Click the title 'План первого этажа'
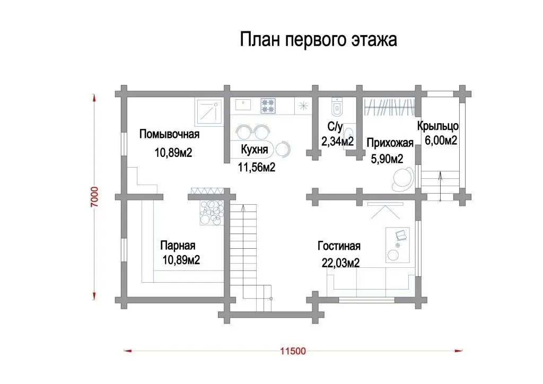click(x=318, y=40)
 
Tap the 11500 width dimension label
click(x=293, y=351)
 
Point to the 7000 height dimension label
click(x=94, y=197)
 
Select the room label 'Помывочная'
click(x=169, y=134)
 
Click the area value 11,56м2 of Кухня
click(x=257, y=167)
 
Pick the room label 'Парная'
click(x=178, y=246)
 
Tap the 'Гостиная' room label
click(x=339, y=246)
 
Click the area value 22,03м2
click(x=341, y=263)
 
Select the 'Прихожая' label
click(x=390, y=143)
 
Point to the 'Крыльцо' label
click(x=437, y=126)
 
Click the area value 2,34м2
click(x=338, y=141)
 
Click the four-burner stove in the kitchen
click(x=268, y=106)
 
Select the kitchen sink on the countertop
click(x=243, y=104)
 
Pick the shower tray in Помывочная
click(x=209, y=112)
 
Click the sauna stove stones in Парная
click(x=212, y=212)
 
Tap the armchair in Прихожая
click(x=404, y=179)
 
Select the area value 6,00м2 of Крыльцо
click(x=441, y=140)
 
